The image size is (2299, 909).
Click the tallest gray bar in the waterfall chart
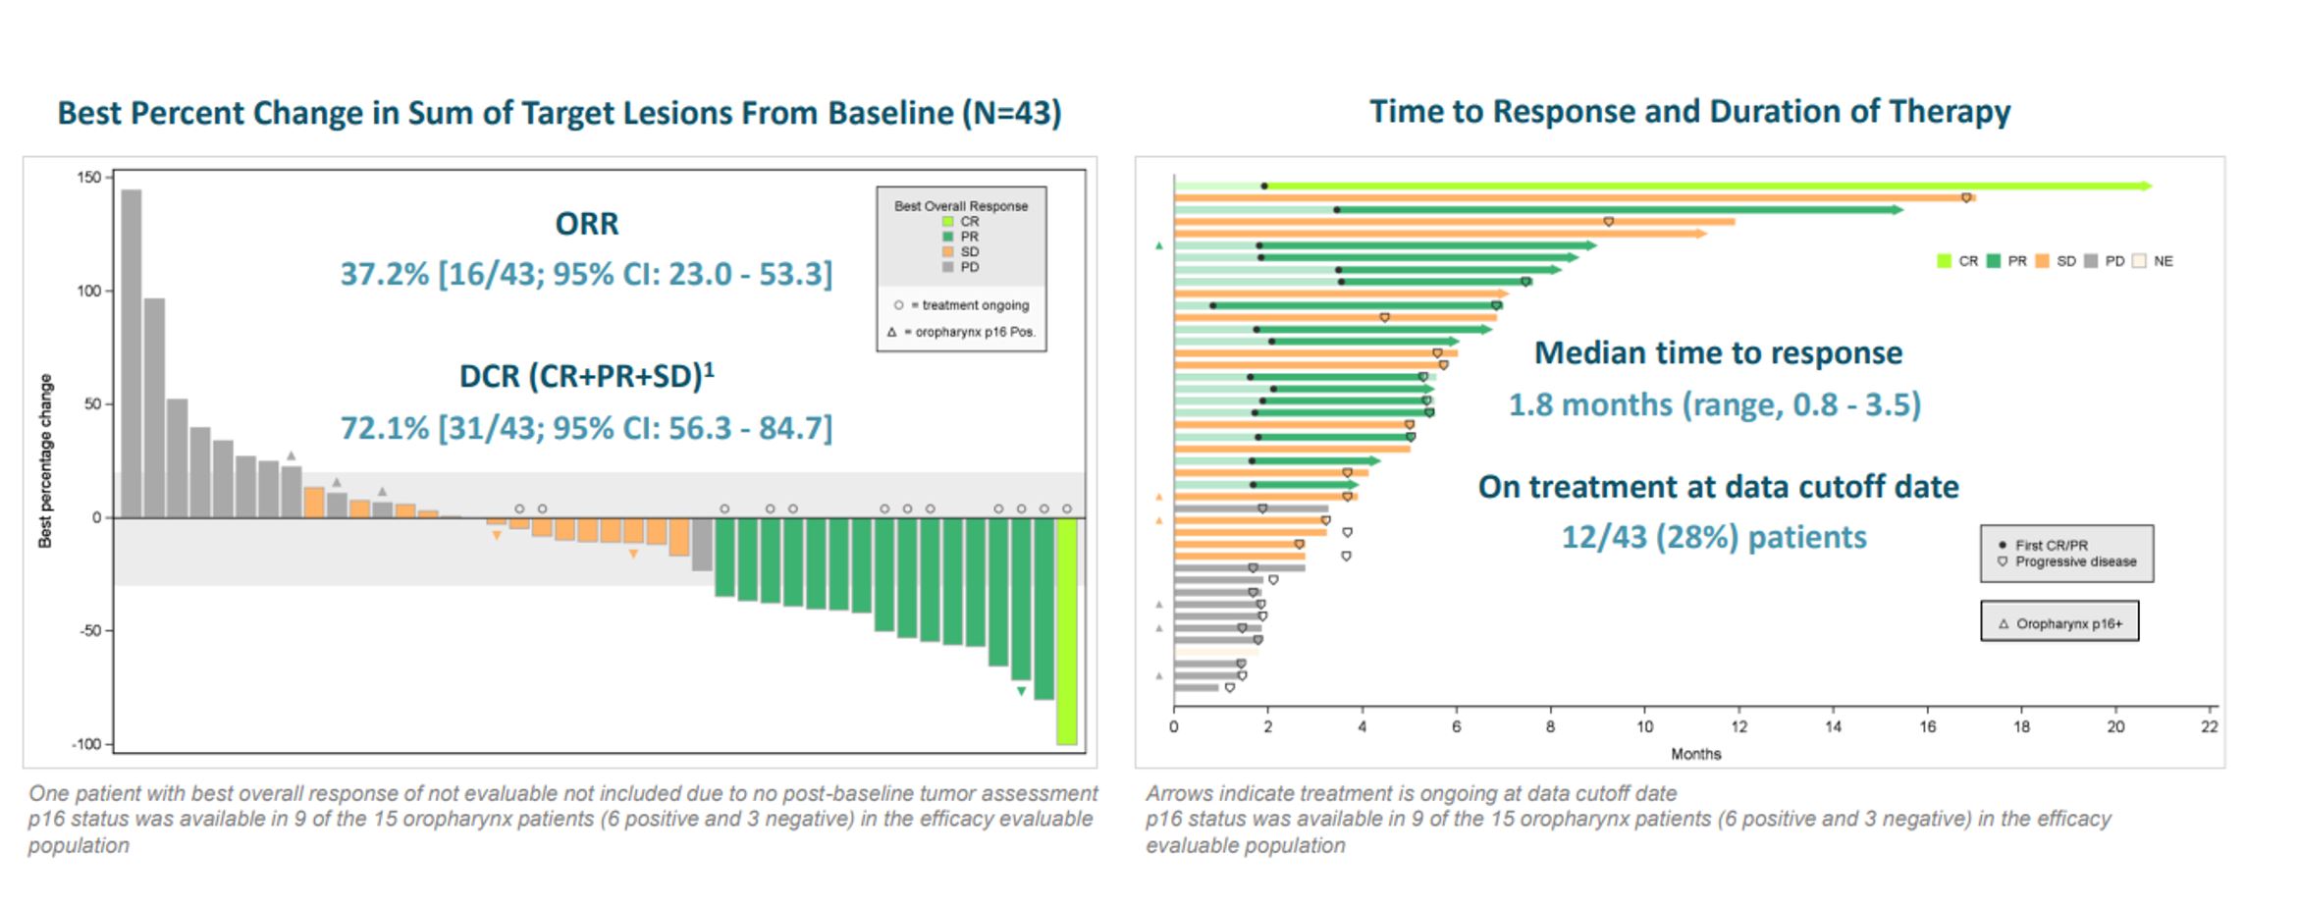132,353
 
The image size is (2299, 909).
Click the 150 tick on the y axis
89,178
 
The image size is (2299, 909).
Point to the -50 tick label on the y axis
89,630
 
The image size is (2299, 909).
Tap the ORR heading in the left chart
587,224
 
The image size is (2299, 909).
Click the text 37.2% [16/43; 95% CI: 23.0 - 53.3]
586,274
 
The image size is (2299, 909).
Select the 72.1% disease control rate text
586,428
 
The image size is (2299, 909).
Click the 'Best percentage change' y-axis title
45,460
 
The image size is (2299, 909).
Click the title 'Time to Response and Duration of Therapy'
1689,112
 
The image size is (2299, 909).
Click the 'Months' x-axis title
1695,754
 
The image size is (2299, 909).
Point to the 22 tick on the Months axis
2209,727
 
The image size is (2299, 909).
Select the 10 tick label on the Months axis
1644,727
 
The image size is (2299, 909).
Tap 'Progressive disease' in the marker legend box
2074,561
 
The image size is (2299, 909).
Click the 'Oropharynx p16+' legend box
2059,623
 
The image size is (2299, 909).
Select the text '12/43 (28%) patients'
1714,538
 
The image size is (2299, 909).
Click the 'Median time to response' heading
1718,353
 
